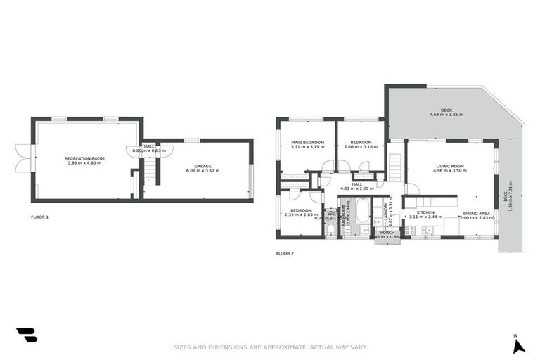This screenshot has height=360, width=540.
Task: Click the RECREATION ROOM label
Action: (84, 158)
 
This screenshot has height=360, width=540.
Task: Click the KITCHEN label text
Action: (425, 212)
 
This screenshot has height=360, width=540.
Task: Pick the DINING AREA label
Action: (476, 212)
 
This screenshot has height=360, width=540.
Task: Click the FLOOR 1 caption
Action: (40, 217)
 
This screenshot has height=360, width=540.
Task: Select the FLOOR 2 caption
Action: (285, 252)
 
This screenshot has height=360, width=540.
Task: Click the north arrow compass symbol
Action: (516, 345)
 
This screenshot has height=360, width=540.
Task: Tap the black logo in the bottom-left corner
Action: (27, 335)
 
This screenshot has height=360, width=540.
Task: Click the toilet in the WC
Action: (330, 229)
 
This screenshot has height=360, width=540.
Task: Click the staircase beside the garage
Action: (150, 171)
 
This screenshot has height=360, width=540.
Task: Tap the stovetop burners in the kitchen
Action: (411, 229)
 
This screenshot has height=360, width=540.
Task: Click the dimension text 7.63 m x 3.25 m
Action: (446, 115)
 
